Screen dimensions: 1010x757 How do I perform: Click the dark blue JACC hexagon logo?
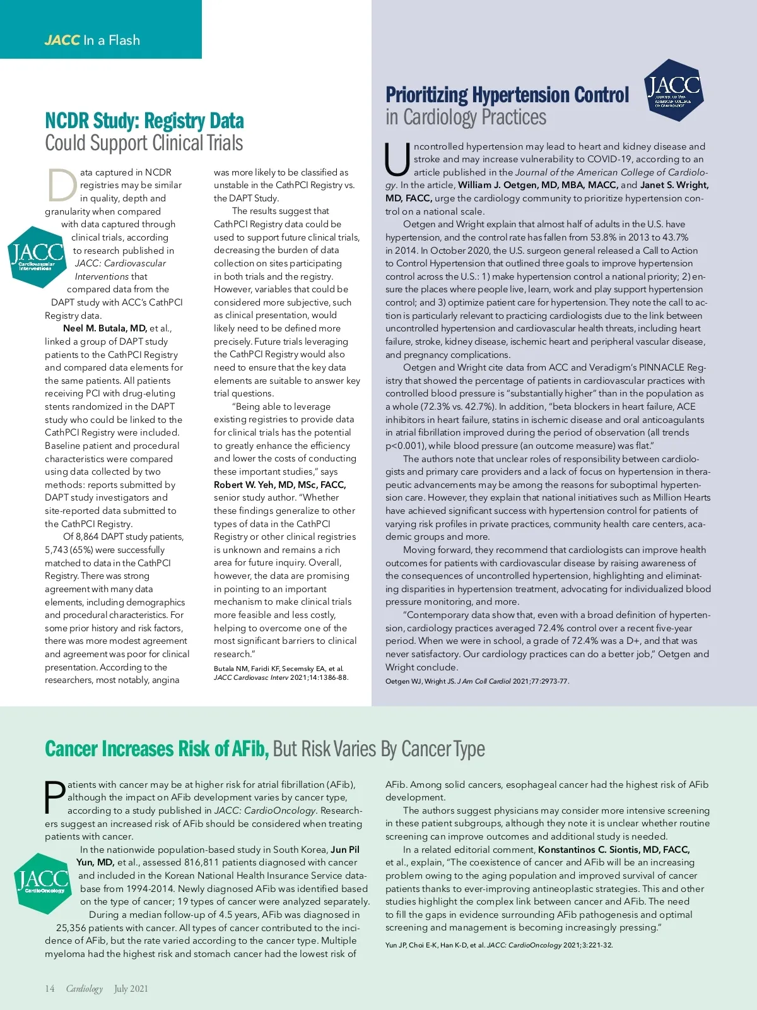[673, 90]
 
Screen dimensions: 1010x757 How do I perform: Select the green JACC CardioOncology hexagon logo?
[42, 883]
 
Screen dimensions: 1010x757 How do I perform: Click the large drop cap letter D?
[62, 184]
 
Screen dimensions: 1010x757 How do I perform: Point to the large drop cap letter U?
[397, 160]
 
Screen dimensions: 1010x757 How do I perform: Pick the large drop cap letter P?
[55, 798]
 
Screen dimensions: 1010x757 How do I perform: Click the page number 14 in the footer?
[50, 989]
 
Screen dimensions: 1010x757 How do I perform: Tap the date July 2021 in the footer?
[131, 989]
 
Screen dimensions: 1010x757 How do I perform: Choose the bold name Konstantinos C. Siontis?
[614, 850]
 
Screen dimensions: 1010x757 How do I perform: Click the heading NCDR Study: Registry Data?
[144, 121]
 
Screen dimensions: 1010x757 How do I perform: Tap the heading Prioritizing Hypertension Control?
[507, 95]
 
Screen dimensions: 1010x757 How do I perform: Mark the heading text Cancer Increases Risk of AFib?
[157, 749]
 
